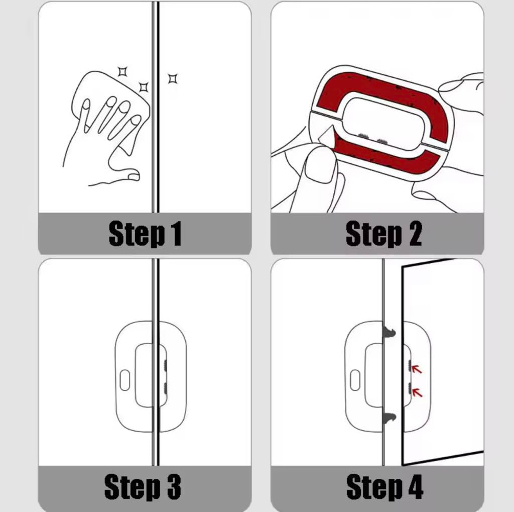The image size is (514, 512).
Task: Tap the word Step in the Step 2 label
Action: pos(373,234)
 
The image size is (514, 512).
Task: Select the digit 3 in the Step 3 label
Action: pos(174,486)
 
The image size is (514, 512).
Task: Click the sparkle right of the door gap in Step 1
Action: pos(173,79)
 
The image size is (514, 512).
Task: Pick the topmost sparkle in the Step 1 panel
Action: pos(122,71)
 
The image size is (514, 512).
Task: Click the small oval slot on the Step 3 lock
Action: pos(125,380)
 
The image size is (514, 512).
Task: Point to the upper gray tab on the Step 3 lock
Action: pos(165,366)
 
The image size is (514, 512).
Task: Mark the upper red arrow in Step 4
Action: pos(417,369)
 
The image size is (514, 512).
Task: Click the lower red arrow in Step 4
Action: pos(417,392)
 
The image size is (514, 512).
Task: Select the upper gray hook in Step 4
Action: pos(389,332)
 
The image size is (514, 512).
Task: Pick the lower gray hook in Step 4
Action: pos(389,418)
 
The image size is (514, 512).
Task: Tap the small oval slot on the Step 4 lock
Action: pos(355,380)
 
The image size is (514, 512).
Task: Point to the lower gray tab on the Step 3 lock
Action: pos(165,388)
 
